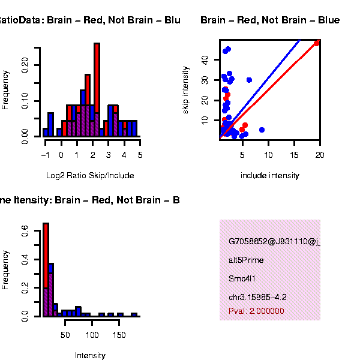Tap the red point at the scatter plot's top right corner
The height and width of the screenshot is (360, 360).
pos(317,43)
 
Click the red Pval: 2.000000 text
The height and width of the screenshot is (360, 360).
pos(256,311)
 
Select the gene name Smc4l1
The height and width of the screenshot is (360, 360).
pos(242,278)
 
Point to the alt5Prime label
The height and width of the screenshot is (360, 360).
pos(246,260)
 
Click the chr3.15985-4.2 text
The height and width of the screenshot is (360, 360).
pos(257,297)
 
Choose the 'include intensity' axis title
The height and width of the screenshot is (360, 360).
pos(269,175)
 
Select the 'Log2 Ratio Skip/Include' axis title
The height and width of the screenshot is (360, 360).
pos(90,175)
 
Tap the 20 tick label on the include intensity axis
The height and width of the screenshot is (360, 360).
pos(320,155)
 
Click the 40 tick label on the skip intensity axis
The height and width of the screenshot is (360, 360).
pos(204,59)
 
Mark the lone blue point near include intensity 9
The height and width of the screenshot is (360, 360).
pos(262,130)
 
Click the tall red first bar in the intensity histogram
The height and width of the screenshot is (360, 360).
pos(46,255)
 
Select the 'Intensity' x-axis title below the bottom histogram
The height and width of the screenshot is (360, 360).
pos(90,355)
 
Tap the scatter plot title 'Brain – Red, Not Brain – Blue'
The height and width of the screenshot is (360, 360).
pos(270,20)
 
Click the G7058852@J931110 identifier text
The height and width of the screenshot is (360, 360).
pos(274,242)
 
